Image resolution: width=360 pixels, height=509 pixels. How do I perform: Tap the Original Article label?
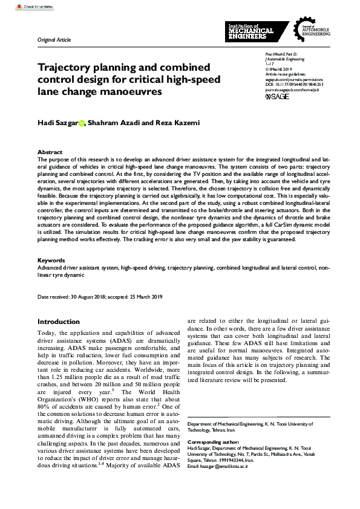pos(54,39)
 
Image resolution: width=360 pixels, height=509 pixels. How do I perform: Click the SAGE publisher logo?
pos(261,96)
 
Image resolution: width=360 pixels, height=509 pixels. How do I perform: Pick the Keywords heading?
pos(51,260)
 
